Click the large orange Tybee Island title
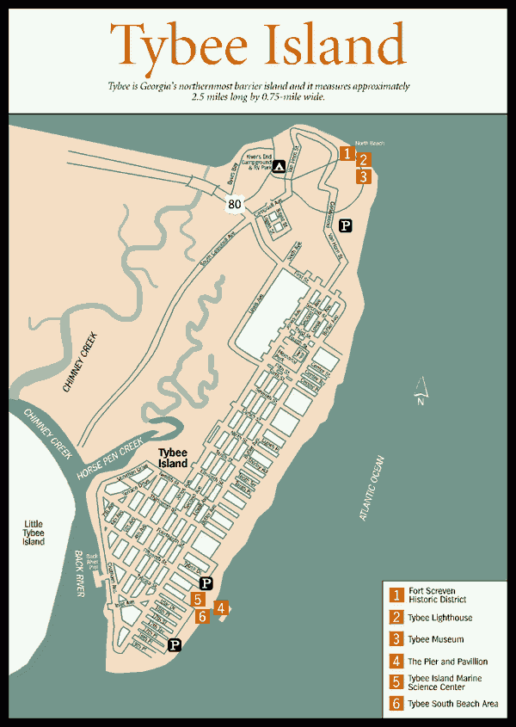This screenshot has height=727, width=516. click(x=258, y=45)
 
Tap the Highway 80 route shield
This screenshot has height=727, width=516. click(x=235, y=204)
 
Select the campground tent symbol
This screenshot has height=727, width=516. click(x=279, y=167)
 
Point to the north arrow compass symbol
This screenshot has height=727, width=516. click(x=421, y=390)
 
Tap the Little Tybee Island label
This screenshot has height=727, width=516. click(x=34, y=533)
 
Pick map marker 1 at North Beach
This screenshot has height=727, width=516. click(x=346, y=153)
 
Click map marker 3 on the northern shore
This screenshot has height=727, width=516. click(x=364, y=176)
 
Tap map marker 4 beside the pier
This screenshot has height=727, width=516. click(x=222, y=607)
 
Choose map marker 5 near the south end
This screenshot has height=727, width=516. click(x=199, y=600)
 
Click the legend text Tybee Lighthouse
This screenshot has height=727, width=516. click(x=439, y=618)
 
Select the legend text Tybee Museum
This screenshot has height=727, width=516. click(x=435, y=639)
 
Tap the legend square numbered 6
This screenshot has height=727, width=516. click(x=396, y=705)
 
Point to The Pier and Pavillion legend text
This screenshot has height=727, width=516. click(x=447, y=662)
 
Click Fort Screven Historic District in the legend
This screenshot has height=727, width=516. click(x=438, y=595)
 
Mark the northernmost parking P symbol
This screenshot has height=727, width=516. click(x=345, y=225)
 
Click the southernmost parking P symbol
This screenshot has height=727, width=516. click(x=175, y=644)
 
